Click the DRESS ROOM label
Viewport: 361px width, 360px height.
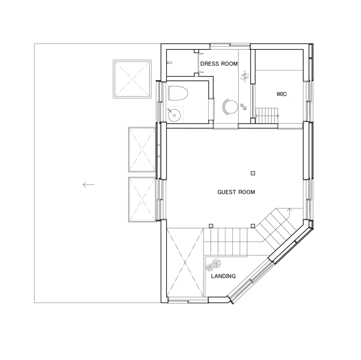click(x=219, y=64)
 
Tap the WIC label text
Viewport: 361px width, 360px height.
click(x=281, y=94)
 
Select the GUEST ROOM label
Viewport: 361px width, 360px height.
click(x=236, y=192)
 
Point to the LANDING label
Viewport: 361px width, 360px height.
click(x=223, y=276)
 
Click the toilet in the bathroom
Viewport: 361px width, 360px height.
click(x=178, y=93)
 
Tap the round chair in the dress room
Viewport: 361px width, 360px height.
click(x=230, y=106)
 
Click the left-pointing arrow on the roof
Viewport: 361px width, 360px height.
click(x=89, y=185)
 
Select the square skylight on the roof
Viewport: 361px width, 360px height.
click(x=132, y=79)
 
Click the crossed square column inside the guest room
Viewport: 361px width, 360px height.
click(x=253, y=173)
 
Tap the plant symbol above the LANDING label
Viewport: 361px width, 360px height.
click(x=213, y=265)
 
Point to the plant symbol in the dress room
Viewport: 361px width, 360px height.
click(x=245, y=76)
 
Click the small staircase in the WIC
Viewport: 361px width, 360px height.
click(x=267, y=116)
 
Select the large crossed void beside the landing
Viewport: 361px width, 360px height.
click(x=185, y=262)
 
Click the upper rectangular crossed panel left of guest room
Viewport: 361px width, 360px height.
click(x=142, y=150)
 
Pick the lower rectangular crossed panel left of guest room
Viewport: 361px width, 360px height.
click(x=142, y=199)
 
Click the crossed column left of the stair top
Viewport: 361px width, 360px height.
click(x=211, y=226)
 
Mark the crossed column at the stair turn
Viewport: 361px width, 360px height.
click(x=253, y=226)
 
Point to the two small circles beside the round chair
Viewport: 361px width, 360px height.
click(x=243, y=106)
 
